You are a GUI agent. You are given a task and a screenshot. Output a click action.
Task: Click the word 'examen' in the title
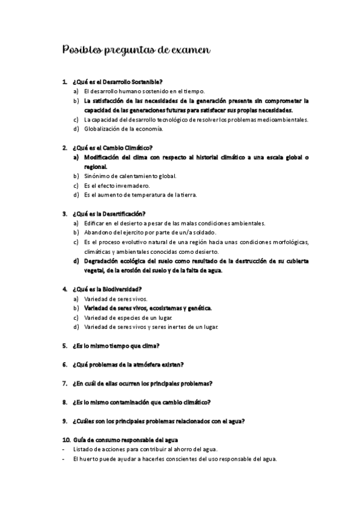(189, 51)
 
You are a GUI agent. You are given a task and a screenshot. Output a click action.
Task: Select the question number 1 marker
(64, 82)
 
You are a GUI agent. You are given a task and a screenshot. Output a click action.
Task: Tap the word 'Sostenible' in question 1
(146, 82)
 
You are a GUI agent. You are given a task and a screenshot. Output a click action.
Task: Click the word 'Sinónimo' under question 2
(98, 176)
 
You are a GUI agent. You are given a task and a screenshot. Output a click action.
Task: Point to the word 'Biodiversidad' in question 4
(120, 289)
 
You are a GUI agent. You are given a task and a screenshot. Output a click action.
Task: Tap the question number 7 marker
(64, 383)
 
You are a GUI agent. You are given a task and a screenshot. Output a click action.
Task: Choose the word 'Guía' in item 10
(78, 440)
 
